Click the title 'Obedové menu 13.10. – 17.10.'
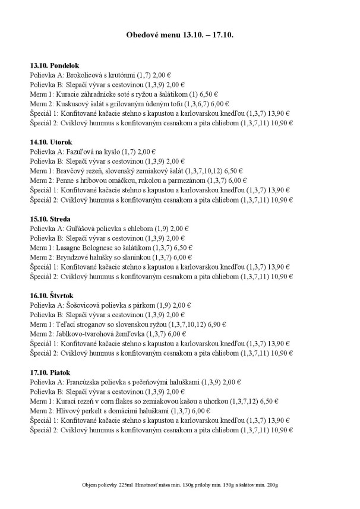coord(180,36)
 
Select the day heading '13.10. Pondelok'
coord(54,65)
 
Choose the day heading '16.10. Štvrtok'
coord(53,295)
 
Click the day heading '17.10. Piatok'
coord(50,372)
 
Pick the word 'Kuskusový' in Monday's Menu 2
coord(72,103)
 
